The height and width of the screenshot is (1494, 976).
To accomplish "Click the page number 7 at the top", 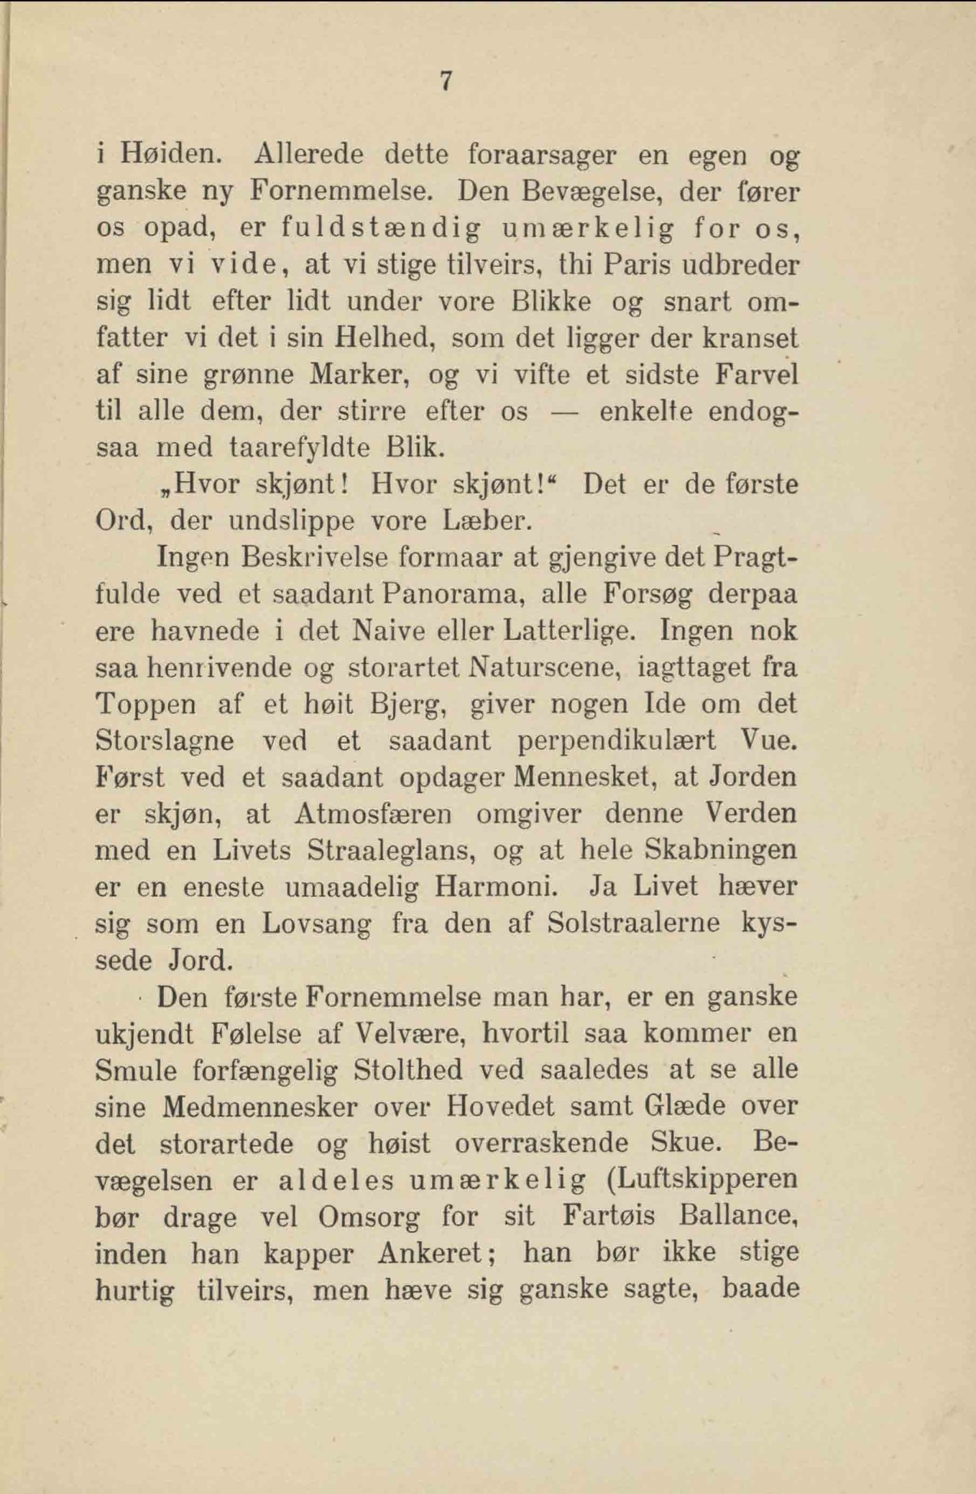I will coord(446,81).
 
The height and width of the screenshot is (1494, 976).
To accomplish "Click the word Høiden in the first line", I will coord(170,154).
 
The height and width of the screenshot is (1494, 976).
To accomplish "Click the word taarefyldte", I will coord(299,448).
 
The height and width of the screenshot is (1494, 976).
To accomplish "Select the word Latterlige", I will coord(569,631).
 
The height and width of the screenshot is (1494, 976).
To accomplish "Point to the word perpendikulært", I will coord(616,741).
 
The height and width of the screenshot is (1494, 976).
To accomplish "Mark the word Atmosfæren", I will coord(373,814).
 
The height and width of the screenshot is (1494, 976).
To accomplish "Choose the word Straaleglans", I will coord(392,851).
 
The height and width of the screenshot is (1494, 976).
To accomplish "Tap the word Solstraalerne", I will coord(633,923).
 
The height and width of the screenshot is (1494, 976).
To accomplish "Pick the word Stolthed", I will coord(408,1070).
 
